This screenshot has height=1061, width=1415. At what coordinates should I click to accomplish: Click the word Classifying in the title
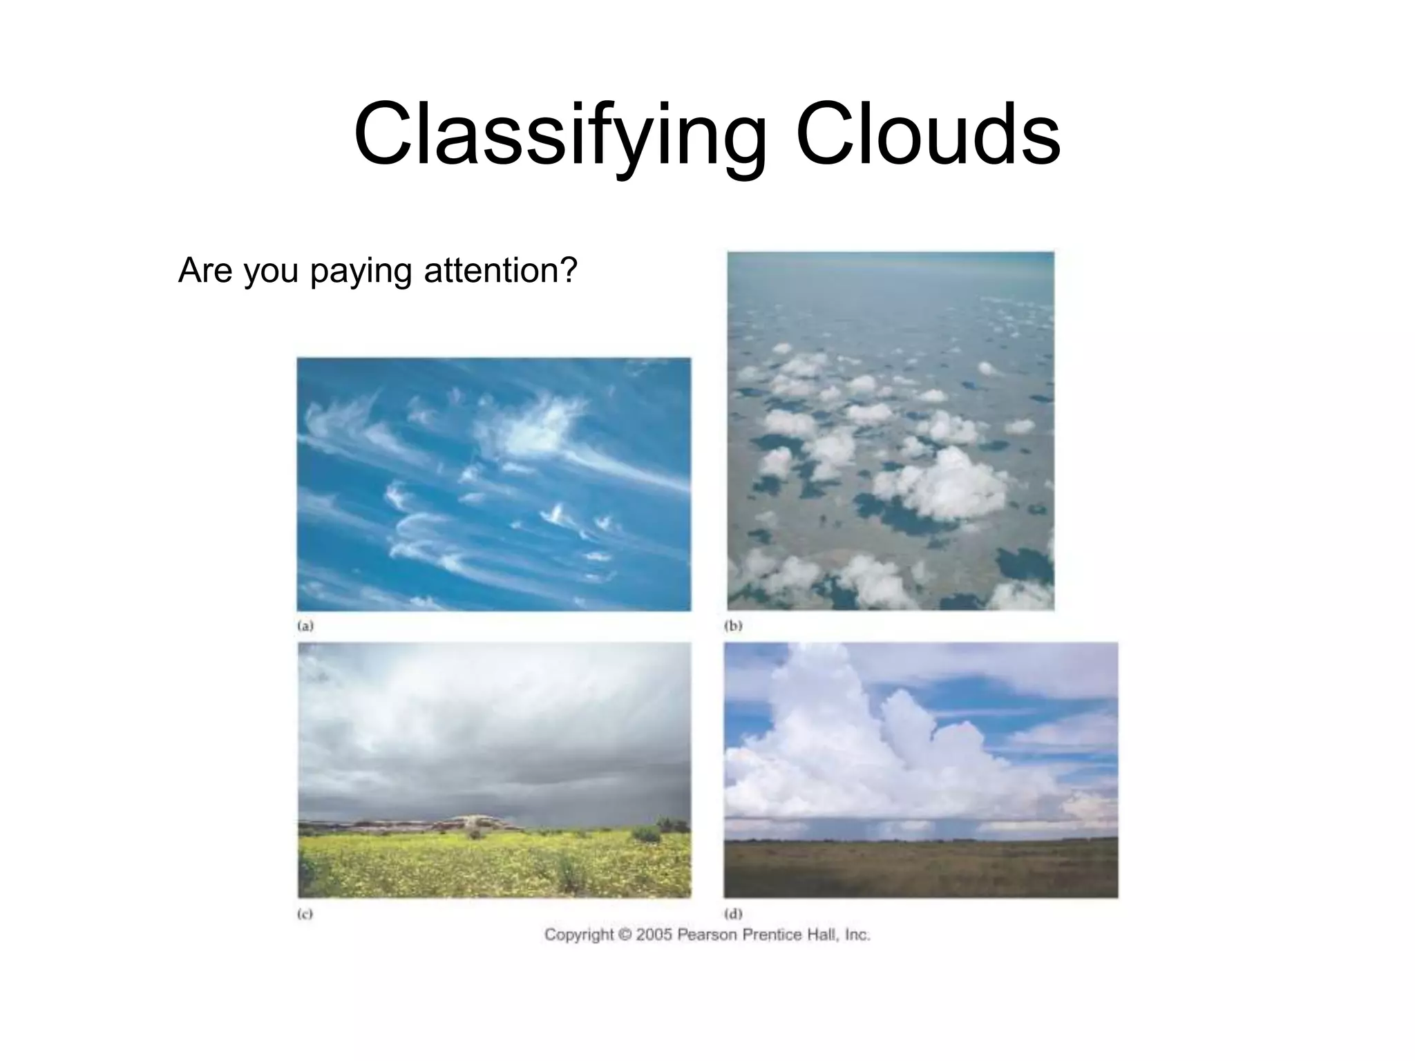[x=560, y=135]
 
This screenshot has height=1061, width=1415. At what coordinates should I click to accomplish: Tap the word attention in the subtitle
[x=500, y=270]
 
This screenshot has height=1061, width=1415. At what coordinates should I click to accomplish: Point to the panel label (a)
[x=305, y=626]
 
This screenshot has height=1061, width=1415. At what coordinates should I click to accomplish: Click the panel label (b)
[x=733, y=626]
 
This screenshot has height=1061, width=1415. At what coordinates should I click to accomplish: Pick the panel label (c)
[x=305, y=914]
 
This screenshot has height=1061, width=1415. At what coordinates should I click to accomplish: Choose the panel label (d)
[x=733, y=914]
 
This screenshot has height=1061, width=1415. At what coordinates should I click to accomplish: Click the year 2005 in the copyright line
[x=654, y=935]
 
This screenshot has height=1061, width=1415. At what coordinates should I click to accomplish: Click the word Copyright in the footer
[x=579, y=935]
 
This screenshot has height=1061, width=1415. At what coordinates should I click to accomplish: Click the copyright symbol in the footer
[x=625, y=935]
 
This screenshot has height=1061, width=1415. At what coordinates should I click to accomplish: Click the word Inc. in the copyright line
[x=857, y=935]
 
